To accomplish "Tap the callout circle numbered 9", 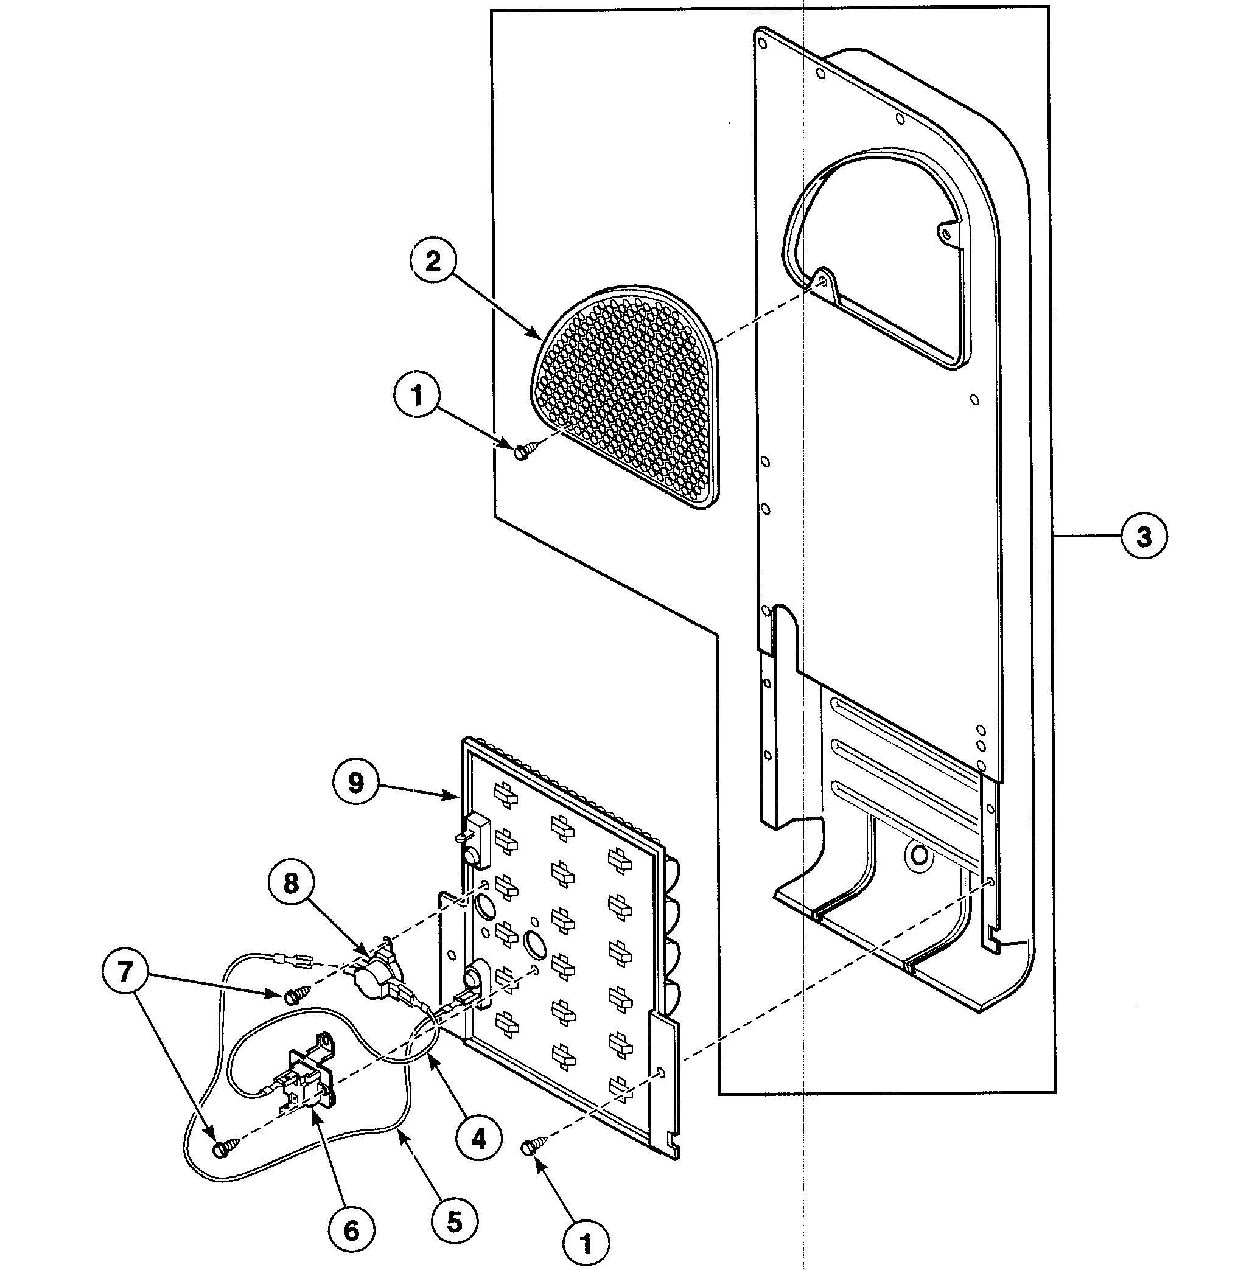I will (355, 782).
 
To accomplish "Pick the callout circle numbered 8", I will (291, 884).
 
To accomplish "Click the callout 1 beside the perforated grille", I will (418, 396).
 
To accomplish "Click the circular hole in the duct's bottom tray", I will (920, 854).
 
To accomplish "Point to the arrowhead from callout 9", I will (458, 797).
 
